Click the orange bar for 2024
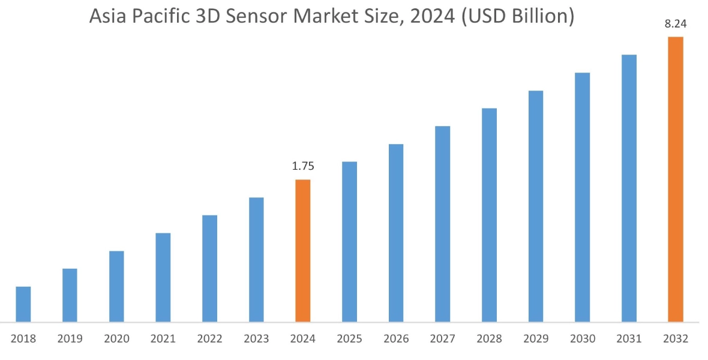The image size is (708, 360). pyautogui.click(x=303, y=251)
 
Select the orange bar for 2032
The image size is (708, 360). pyautogui.click(x=676, y=179)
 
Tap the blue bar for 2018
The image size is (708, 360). pyautogui.click(x=23, y=304)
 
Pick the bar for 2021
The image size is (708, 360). pyautogui.click(x=163, y=277)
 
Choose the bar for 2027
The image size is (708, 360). pyautogui.click(x=443, y=224)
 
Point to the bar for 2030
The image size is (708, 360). pyautogui.click(x=583, y=197)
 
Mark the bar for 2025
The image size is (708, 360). pyautogui.click(x=350, y=242)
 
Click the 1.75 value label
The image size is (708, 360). pyautogui.click(x=303, y=167)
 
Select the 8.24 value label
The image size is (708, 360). pyautogui.click(x=676, y=25)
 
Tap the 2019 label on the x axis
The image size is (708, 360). pyautogui.click(x=70, y=339)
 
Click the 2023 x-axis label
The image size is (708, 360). pyautogui.click(x=256, y=339)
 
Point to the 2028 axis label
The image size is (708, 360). pyautogui.click(x=489, y=339)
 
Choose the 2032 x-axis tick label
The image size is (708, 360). pyautogui.click(x=676, y=339)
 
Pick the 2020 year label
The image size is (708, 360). pyautogui.click(x=116, y=339)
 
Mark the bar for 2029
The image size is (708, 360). pyautogui.click(x=536, y=206)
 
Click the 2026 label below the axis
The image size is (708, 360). pyautogui.click(x=396, y=339)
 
